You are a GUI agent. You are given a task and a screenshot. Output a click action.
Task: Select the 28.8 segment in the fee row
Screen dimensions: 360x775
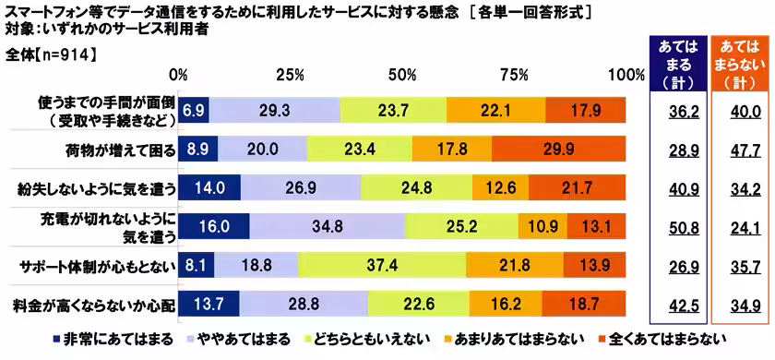pyautogui.click(x=304, y=304)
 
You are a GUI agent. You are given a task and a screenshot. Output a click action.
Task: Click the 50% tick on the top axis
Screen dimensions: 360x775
pyautogui.click(x=404, y=75)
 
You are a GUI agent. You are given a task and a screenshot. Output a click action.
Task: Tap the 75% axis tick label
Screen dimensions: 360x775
pyautogui.click(x=517, y=75)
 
